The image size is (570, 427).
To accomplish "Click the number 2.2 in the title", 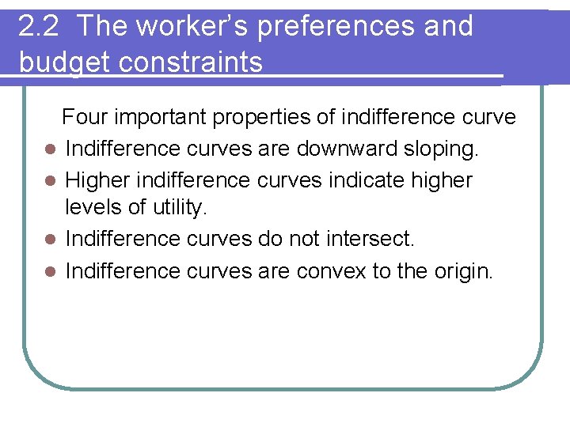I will (x=37, y=27).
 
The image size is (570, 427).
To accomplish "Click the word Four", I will (x=85, y=118).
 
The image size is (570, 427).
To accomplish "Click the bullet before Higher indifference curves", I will (x=49, y=180).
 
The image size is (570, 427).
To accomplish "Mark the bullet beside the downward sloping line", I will (x=49, y=149).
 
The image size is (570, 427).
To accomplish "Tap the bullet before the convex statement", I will (x=49, y=272).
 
